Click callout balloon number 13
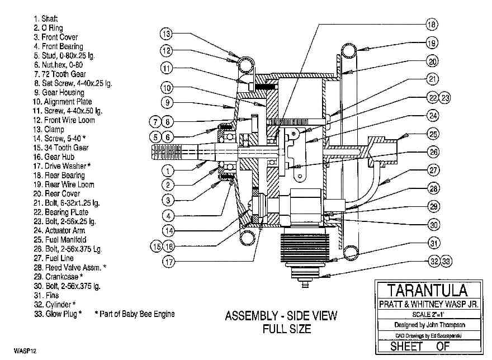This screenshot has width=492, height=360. [166, 34]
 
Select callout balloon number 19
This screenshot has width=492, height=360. [431, 42]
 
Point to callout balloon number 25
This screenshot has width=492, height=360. [433, 134]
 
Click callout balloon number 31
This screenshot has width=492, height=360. [433, 243]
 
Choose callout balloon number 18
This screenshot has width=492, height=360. [431, 25]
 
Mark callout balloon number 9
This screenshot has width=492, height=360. [167, 102]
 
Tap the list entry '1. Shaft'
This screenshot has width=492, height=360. [46, 18]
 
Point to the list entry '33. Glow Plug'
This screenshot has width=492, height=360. [58, 314]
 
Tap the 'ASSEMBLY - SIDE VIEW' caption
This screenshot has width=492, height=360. [281, 316]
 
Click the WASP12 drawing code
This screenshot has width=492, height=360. [17, 353]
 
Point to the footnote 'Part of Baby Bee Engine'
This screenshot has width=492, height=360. [135, 314]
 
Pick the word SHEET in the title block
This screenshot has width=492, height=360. [407, 346]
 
